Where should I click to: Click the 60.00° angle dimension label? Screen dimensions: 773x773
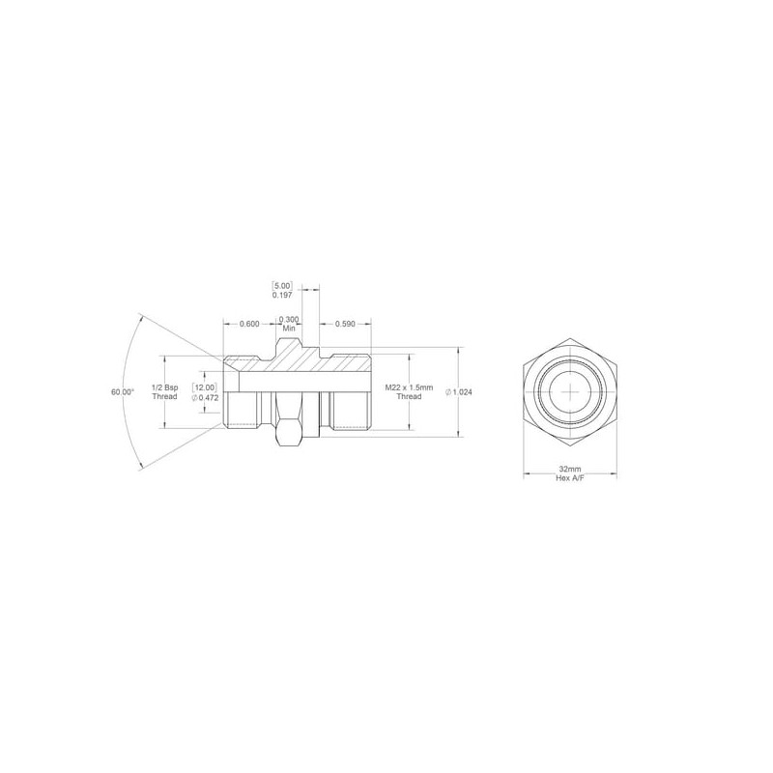pos(123,392)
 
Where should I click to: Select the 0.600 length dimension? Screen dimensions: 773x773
pos(249,324)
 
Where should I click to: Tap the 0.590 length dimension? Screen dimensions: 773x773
pos(345,324)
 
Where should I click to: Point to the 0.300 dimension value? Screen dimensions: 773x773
pos(289,320)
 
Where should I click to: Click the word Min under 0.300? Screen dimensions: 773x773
pos(289,328)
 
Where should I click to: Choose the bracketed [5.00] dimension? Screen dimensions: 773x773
pos(282,285)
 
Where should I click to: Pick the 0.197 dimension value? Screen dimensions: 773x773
pos(282,295)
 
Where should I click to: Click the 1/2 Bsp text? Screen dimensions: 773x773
pos(164,388)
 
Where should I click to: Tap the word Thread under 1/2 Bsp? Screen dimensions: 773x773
pos(164,396)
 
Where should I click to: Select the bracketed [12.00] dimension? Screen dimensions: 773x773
pos(204,388)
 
